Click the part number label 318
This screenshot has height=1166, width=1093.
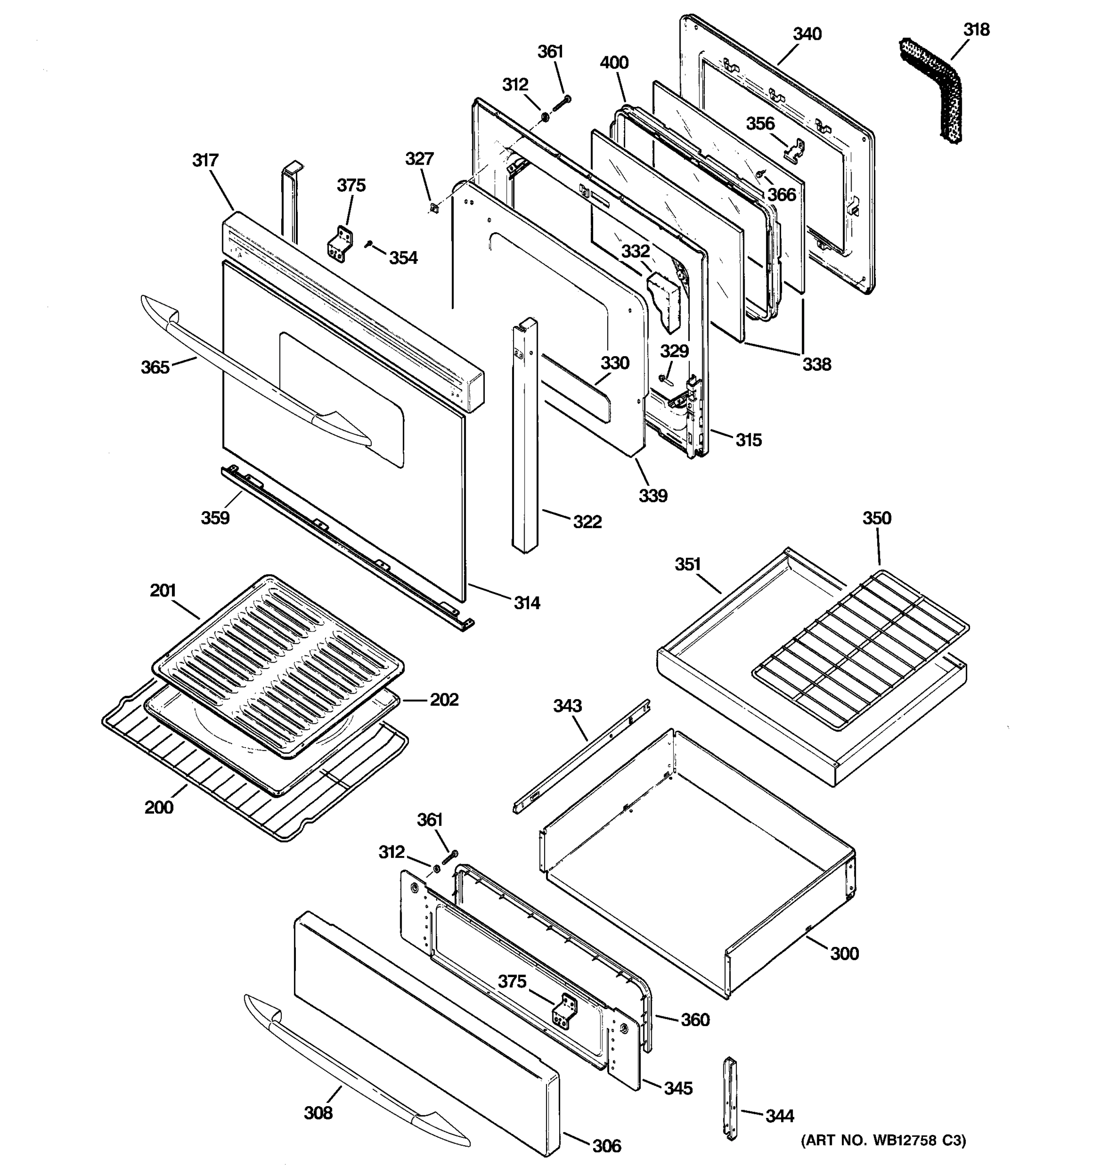(976, 29)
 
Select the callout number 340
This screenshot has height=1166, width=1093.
(807, 34)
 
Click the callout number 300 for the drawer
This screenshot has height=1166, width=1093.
(844, 954)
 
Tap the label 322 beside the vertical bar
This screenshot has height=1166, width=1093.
(587, 521)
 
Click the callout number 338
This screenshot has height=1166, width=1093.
(816, 364)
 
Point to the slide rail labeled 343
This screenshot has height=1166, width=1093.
(581, 756)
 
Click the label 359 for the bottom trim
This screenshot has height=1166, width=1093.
(215, 517)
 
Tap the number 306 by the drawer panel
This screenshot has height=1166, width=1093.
(606, 1146)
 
